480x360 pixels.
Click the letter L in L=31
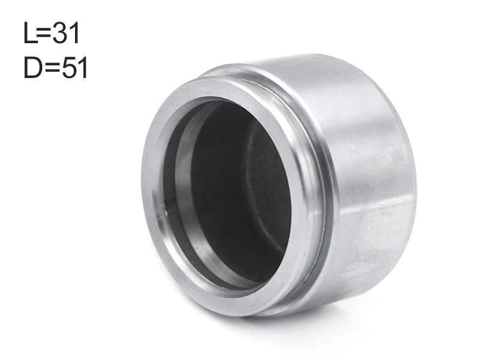pyautogui.click(x=29, y=32)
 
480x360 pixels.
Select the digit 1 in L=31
pyautogui.click(x=74, y=32)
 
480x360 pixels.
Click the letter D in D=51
pyautogui.click(x=33, y=67)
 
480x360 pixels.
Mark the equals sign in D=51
pyautogui.click(x=52, y=68)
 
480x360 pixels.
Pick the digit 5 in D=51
pyautogui.click(x=68, y=67)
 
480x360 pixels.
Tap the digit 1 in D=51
pyautogui.click(x=83, y=67)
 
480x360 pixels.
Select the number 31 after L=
pyautogui.click(x=66, y=33)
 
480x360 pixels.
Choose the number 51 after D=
pyautogui.click(x=74, y=67)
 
